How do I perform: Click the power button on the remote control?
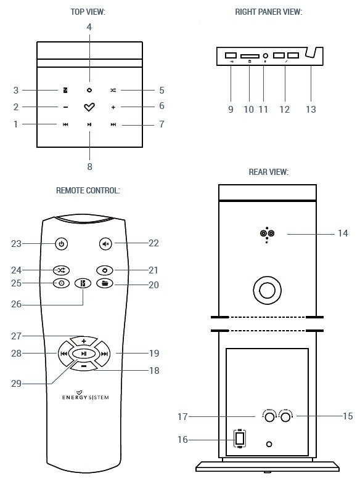[x=60, y=244]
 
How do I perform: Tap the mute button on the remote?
[x=105, y=244]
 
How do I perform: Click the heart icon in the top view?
[x=89, y=107]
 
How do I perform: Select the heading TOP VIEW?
[x=89, y=12]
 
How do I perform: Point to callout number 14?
[x=343, y=233]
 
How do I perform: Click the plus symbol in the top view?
[x=113, y=107]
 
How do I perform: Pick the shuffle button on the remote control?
[x=60, y=270]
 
